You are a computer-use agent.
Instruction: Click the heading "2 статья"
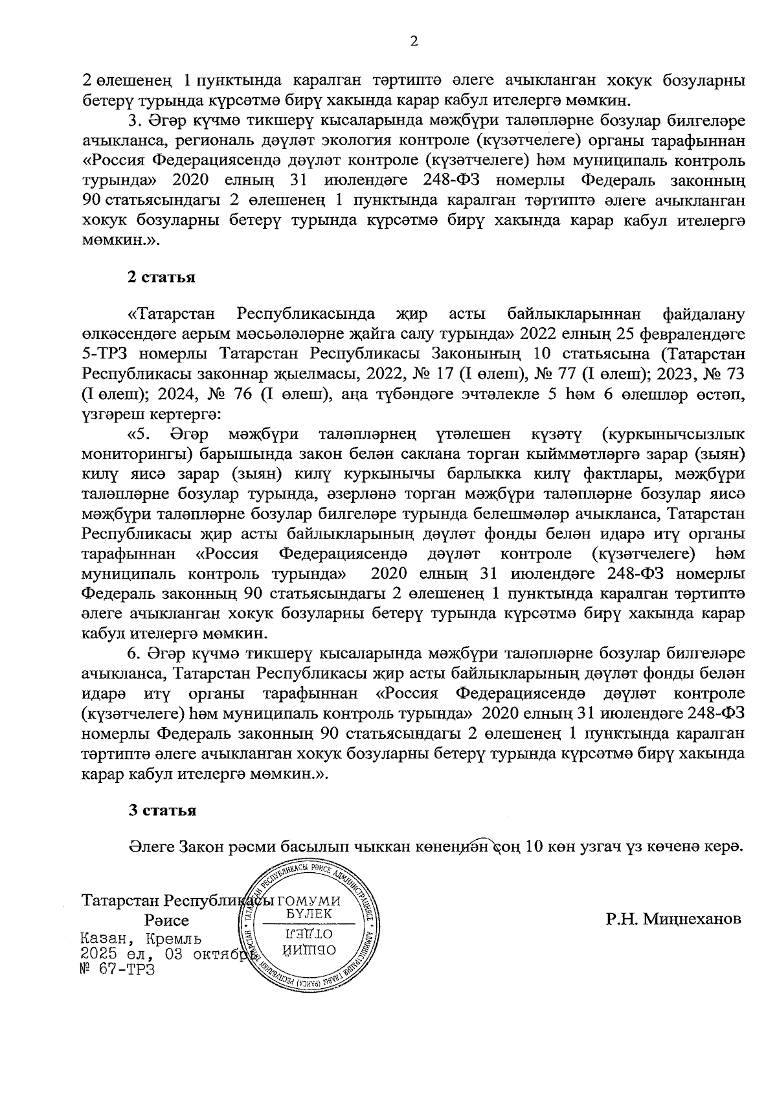161,278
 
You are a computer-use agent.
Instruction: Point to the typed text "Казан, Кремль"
140,939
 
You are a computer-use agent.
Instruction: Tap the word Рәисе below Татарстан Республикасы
167,921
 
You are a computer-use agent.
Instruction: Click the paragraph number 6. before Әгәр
133,651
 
